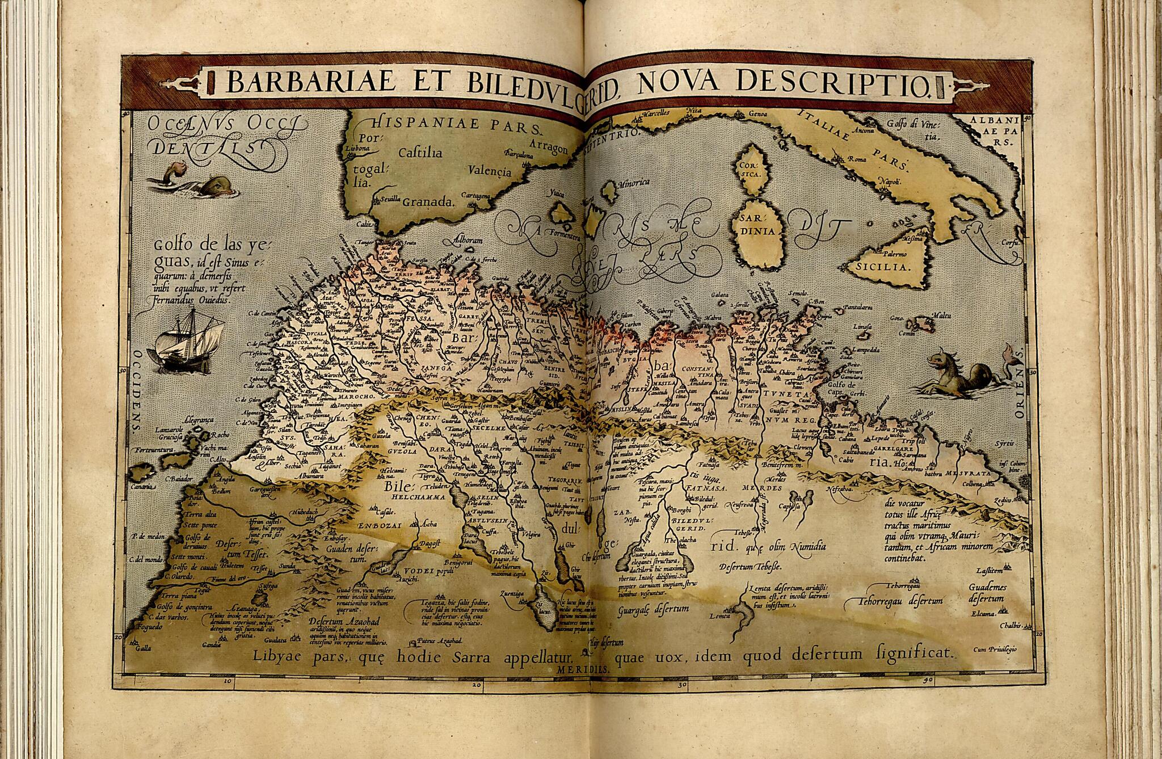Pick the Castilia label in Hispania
pyautogui.click(x=420, y=153)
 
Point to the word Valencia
pyautogui.click(x=490, y=170)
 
